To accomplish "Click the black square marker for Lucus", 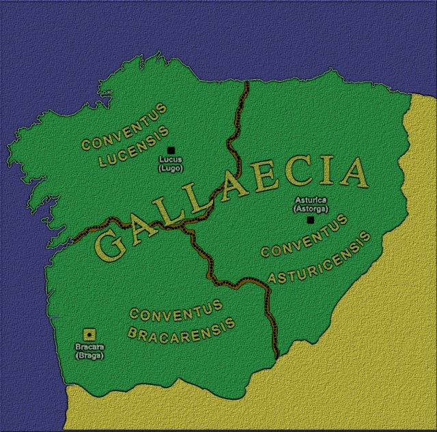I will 171,150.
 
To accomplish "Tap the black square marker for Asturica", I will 311,220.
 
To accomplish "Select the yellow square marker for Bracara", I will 88,334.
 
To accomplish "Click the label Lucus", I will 171,160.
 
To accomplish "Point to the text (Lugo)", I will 171,168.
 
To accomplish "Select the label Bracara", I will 89,347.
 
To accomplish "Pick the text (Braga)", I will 89,355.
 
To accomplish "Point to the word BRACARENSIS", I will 182,330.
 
